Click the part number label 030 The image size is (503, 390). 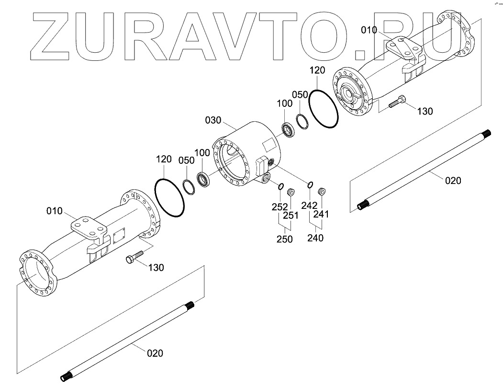pos(214,120)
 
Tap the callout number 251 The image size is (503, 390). pos(291,216)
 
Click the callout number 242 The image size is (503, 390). pos(310,205)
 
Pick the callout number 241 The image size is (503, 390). pos(322,215)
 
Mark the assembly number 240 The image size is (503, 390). pos(315,238)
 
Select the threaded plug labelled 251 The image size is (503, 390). pos(290,192)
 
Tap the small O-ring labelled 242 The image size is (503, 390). pos(310,184)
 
